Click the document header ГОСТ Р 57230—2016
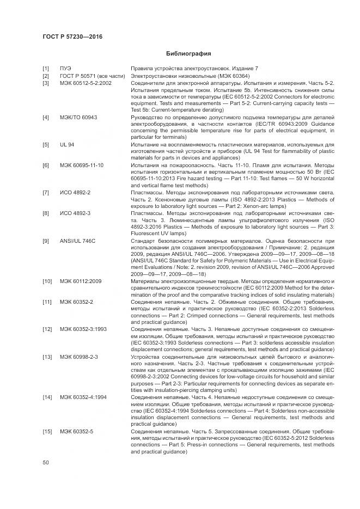tap(72, 36)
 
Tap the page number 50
tap(46, 462)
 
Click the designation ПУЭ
tap(65, 68)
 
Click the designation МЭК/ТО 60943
tap(78, 118)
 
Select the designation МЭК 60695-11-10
tap(82, 165)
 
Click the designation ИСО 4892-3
tap(75, 214)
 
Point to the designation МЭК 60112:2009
tap(81, 281)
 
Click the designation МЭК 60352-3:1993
tap(83, 329)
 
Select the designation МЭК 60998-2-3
tap(78, 357)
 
